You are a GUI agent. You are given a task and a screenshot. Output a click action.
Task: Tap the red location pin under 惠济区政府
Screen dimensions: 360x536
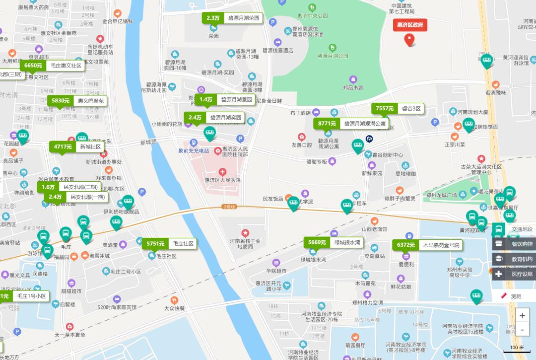point(409,40)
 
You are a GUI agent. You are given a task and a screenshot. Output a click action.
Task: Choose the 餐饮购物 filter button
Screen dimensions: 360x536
point(514,244)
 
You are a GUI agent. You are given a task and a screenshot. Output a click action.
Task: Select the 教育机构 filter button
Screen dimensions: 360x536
point(514,259)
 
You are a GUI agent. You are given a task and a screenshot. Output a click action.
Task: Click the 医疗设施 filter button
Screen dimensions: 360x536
point(514,274)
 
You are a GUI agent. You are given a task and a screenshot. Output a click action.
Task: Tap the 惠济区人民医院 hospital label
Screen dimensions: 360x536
point(222,180)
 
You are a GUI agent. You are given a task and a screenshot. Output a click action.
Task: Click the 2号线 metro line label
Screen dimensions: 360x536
point(228,207)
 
